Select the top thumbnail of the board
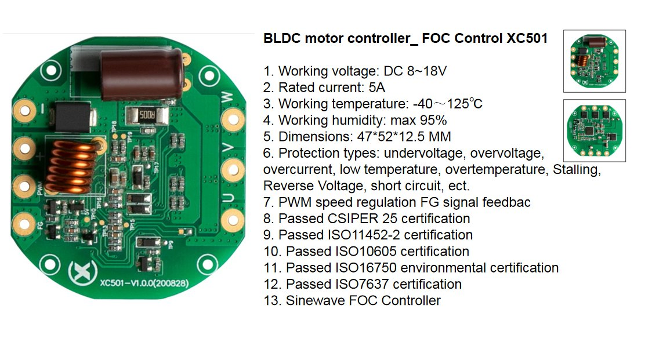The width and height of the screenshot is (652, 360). pos(594,61)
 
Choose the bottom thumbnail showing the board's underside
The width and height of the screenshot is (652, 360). pos(594,130)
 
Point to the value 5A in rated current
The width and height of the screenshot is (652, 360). pos(377,88)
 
